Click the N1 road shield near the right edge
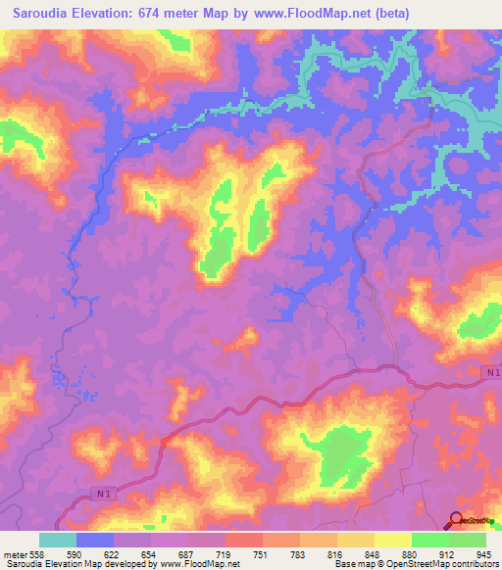(x=491, y=373)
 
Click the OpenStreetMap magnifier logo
(x=458, y=521)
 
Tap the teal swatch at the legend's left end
(x=58, y=540)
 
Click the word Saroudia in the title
(x=41, y=14)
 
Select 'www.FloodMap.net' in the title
(x=308, y=14)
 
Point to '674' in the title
(x=168, y=14)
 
